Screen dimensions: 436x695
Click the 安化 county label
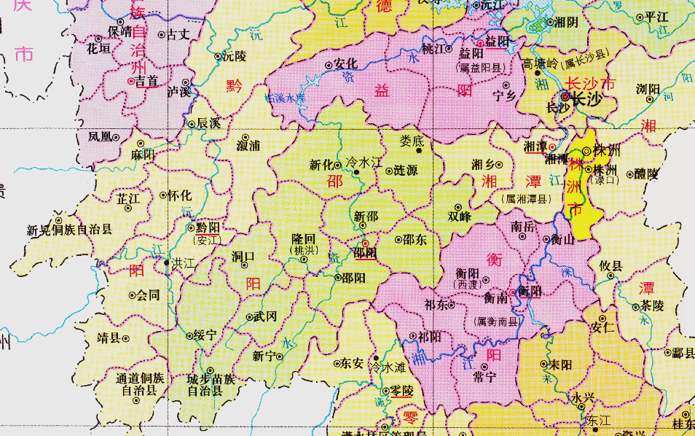(x=345, y=63)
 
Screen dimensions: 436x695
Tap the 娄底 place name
(x=412, y=141)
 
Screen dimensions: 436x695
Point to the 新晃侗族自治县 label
(x=70, y=230)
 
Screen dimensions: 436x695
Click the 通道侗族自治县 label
(x=140, y=384)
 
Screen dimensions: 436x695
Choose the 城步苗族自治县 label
(x=211, y=384)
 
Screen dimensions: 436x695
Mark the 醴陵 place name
(x=647, y=174)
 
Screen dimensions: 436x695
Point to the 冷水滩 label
(x=388, y=367)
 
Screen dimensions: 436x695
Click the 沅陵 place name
(x=235, y=55)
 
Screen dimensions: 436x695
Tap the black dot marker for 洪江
(x=168, y=262)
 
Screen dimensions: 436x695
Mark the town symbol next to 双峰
(x=458, y=207)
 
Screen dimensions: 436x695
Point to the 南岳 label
(x=523, y=227)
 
